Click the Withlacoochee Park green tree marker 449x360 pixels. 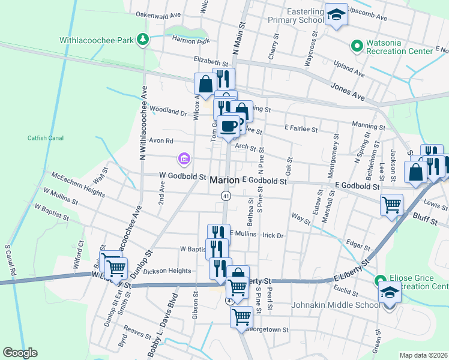pyautogui.click(x=142, y=40)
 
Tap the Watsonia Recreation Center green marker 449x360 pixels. pyautogui.click(x=356, y=45)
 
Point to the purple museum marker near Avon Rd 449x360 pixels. pyautogui.click(x=184, y=159)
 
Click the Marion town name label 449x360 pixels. pyautogui.click(x=225, y=180)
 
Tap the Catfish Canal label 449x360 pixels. pyautogui.click(x=46, y=138)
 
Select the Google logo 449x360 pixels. pyautogui.click(x=20, y=353)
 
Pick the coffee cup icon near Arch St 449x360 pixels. pyautogui.click(x=229, y=126)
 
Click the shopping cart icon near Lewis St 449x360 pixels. pyautogui.click(x=391, y=205)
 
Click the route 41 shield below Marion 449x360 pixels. pyautogui.click(x=226, y=196)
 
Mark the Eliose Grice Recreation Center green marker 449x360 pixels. pyautogui.click(x=380, y=281)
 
